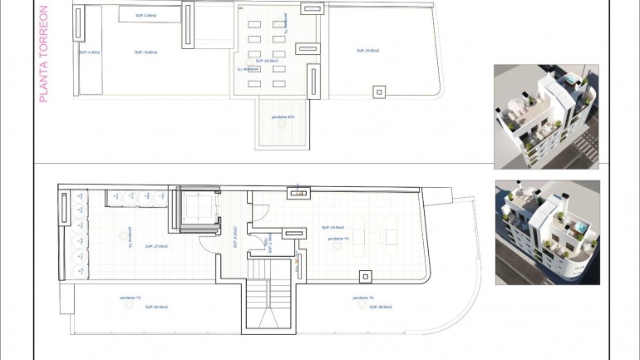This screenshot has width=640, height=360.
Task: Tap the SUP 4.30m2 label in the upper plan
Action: [90, 52]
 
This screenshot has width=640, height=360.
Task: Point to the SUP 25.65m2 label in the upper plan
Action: [367, 51]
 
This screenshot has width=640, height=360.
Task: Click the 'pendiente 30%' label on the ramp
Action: [283, 116]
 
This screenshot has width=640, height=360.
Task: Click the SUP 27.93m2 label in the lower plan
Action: [156, 246]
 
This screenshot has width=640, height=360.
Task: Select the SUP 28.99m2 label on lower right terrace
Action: [367, 307]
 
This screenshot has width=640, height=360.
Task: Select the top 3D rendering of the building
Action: [546, 116]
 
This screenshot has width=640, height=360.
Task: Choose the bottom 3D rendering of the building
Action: [546, 233]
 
